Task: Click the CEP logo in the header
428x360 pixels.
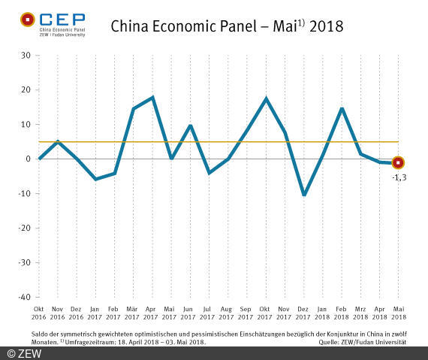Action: (x=53, y=23)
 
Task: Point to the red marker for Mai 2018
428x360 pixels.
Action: (x=398, y=162)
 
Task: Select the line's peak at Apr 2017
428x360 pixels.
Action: (x=153, y=98)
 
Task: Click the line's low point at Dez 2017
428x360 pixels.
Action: (x=304, y=195)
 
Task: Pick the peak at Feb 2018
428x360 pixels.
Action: (x=342, y=109)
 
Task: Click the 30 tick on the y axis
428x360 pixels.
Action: (x=25, y=56)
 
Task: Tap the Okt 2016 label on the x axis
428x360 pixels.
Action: (x=39, y=313)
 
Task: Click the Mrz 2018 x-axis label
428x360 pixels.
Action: (x=360, y=313)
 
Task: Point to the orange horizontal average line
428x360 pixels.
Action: (x=225, y=141)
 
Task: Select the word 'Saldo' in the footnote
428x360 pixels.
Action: (x=41, y=333)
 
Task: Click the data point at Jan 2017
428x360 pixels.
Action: (x=96, y=179)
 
